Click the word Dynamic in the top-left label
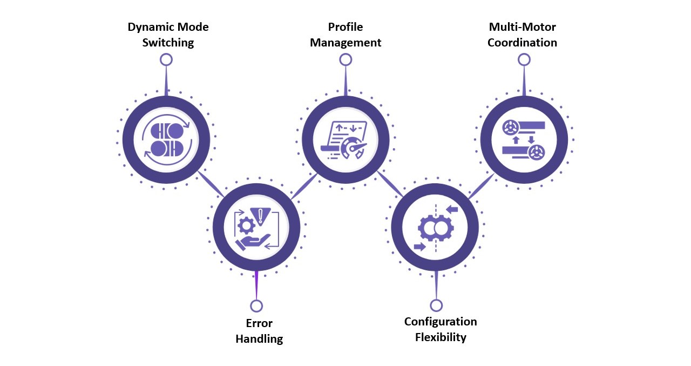coord(147,28)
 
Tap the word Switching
coord(168,43)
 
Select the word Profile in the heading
coord(345,27)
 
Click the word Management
coord(345,43)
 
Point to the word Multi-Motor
coord(522,27)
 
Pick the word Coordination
coord(522,43)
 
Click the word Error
coord(259,323)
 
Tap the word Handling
coord(259,339)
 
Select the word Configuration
coord(441,322)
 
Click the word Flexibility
coord(441,337)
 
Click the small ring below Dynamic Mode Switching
coord(166,59)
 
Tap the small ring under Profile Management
coord(345,59)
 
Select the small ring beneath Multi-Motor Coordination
coord(524,59)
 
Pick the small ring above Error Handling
coord(256,306)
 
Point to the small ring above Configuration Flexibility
coord(436,305)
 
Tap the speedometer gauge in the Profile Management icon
coord(353,148)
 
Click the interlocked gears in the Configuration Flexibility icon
coord(436,228)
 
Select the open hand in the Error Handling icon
coord(253,242)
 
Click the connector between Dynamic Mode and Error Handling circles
coord(211,184)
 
